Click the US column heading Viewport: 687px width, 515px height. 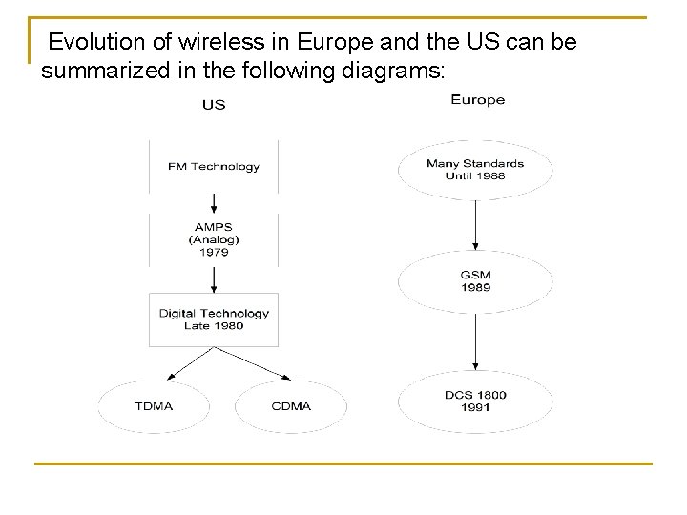pyautogui.click(x=214, y=104)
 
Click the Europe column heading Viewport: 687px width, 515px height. pyautogui.click(x=477, y=99)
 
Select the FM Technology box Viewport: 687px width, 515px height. pyautogui.click(x=214, y=167)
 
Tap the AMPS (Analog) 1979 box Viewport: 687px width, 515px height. pyautogui.click(x=214, y=240)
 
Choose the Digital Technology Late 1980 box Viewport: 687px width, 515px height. pyautogui.click(x=214, y=319)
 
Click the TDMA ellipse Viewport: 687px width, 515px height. pyautogui.click(x=154, y=406)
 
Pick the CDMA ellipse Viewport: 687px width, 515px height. pyautogui.click(x=291, y=406)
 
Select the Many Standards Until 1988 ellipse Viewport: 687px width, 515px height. pyautogui.click(x=475, y=170)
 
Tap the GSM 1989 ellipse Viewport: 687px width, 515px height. pyautogui.click(x=475, y=281)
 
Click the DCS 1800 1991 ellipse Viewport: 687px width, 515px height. pyautogui.click(x=475, y=402)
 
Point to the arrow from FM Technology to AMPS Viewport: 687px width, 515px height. pyautogui.click(x=214, y=203)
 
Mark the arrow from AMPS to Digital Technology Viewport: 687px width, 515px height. pyautogui.click(x=214, y=279)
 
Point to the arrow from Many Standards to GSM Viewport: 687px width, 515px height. pyautogui.click(x=475, y=224)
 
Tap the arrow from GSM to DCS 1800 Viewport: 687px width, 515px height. pyautogui.click(x=475, y=341)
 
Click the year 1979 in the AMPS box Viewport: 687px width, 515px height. pyautogui.click(x=214, y=253)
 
